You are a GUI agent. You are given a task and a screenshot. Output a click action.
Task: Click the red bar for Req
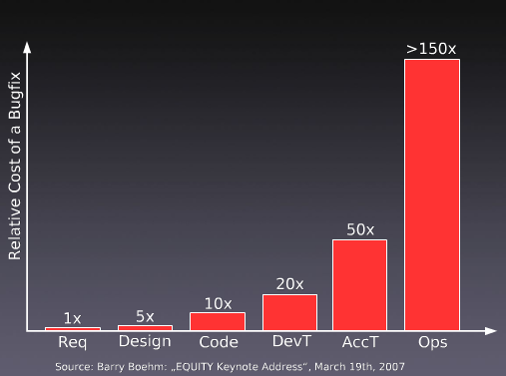click(73, 328)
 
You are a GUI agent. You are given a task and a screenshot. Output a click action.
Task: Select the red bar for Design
click(145, 327)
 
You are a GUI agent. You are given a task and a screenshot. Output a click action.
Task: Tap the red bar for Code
click(218, 321)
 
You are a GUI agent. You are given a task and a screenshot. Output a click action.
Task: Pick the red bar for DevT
click(289, 312)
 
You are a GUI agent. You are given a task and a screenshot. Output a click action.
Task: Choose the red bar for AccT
click(359, 284)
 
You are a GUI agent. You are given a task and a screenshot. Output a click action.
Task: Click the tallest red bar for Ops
click(432, 194)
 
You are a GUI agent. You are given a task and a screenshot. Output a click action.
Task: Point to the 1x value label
click(73, 318)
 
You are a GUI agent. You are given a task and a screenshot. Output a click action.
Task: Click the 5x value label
click(145, 316)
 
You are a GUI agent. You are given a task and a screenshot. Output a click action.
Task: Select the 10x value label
click(218, 303)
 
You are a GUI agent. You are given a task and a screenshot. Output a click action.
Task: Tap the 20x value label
click(289, 284)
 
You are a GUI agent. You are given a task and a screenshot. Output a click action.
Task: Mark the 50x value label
click(359, 229)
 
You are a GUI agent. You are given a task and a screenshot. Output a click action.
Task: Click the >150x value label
click(432, 48)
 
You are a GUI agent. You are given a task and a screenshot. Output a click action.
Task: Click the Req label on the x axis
click(73, 343)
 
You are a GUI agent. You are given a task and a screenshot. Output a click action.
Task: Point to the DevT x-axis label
click(289, 343)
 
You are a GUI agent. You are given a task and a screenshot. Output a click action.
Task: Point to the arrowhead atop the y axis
click(29, 46)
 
